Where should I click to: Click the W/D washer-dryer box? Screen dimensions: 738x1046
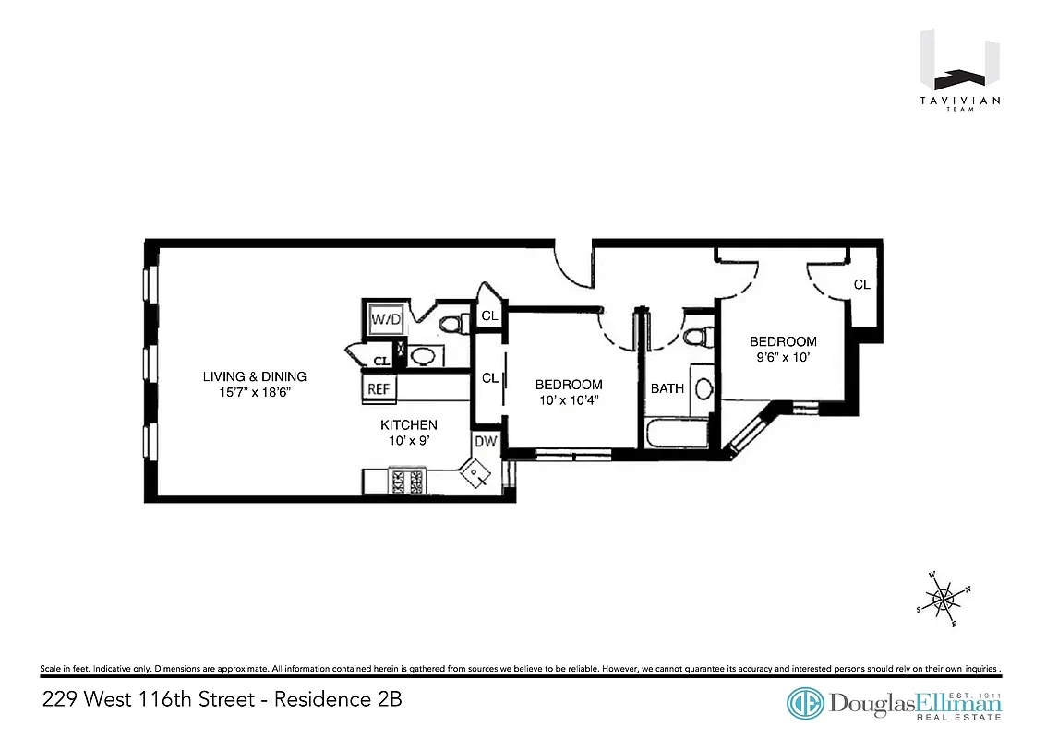point(385,319)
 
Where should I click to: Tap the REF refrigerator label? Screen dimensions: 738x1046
point(379,389)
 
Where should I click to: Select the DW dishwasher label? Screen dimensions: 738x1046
point(485,442)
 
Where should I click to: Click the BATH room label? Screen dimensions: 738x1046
point(667,388)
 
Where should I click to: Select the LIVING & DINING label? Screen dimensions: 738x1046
point(255,376)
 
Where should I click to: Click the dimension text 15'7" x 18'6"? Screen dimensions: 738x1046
point(255,393)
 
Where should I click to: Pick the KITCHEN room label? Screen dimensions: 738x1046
point(409,424)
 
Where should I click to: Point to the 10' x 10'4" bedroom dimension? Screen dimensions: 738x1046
point(570,400)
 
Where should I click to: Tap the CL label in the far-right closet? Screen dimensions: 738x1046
point(861,285)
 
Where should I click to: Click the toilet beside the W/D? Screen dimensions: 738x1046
point(451,324)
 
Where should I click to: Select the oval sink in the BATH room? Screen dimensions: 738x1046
point(703,388)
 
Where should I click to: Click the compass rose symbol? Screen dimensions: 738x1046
point(944,601)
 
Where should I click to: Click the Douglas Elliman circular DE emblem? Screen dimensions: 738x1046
point(805,703)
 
